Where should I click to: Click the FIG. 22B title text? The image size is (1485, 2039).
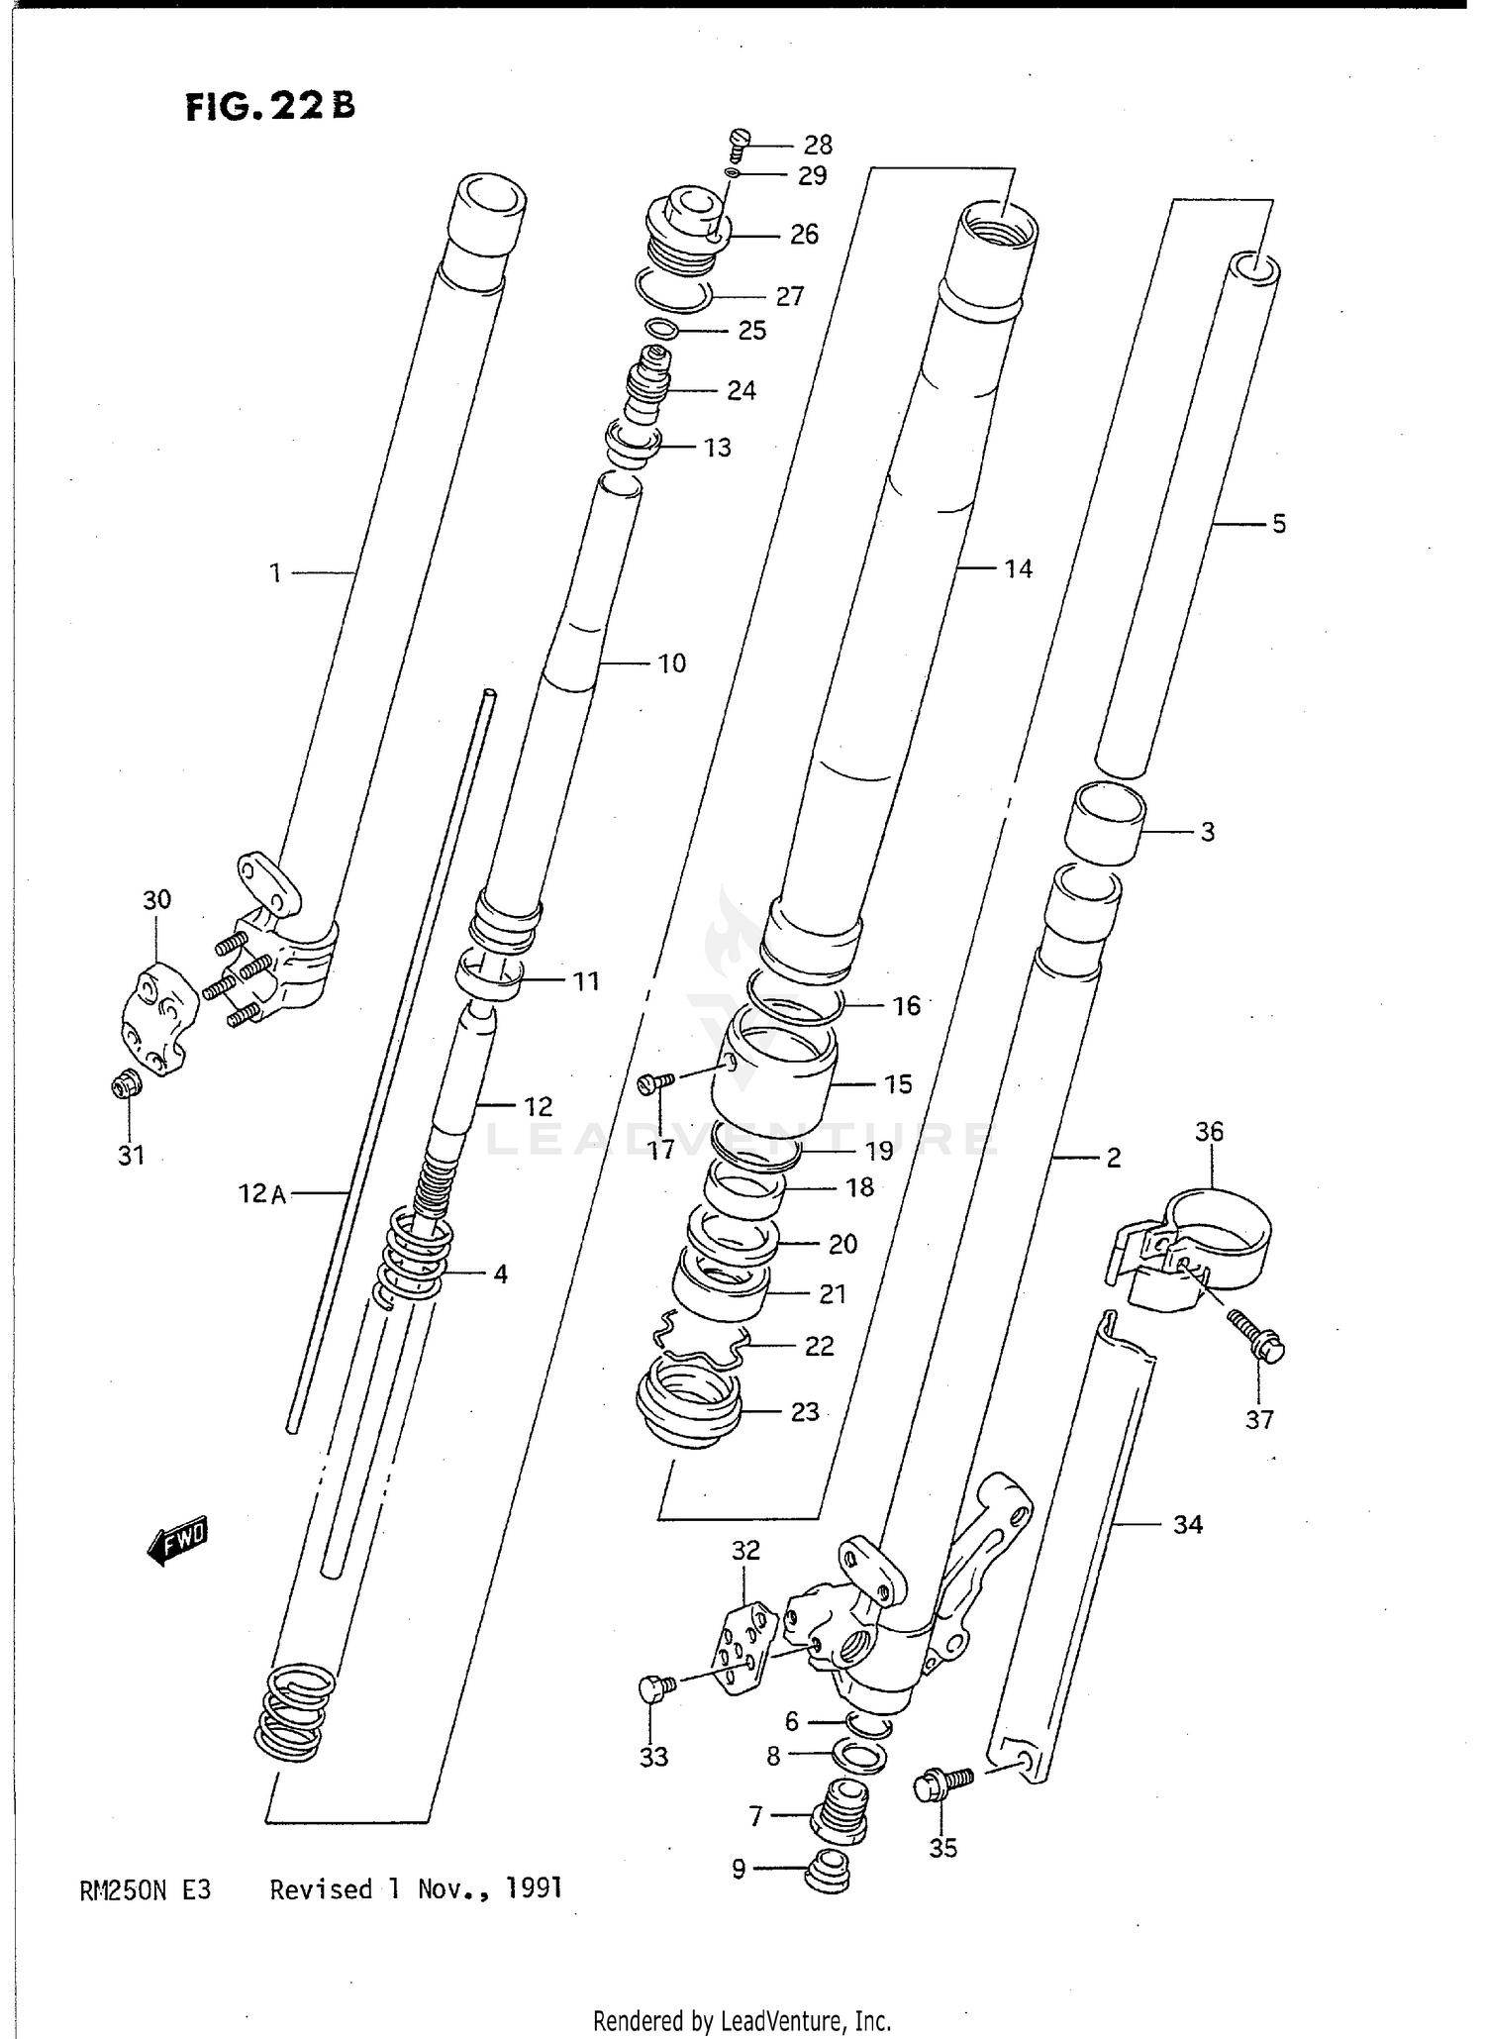(269, 106)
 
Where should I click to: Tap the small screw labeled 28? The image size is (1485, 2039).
(740, 145)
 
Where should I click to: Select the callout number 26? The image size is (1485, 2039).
(804, 235)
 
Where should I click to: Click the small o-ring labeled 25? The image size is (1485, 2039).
(661, 329)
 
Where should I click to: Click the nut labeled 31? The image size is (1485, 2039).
(125, 1086)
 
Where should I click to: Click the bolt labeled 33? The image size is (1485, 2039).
(654, 1687)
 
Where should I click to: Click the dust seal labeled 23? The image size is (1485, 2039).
(689, 1403)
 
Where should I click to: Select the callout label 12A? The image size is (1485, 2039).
(261, 1194)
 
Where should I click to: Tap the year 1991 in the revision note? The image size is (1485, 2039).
(534, 1888)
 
